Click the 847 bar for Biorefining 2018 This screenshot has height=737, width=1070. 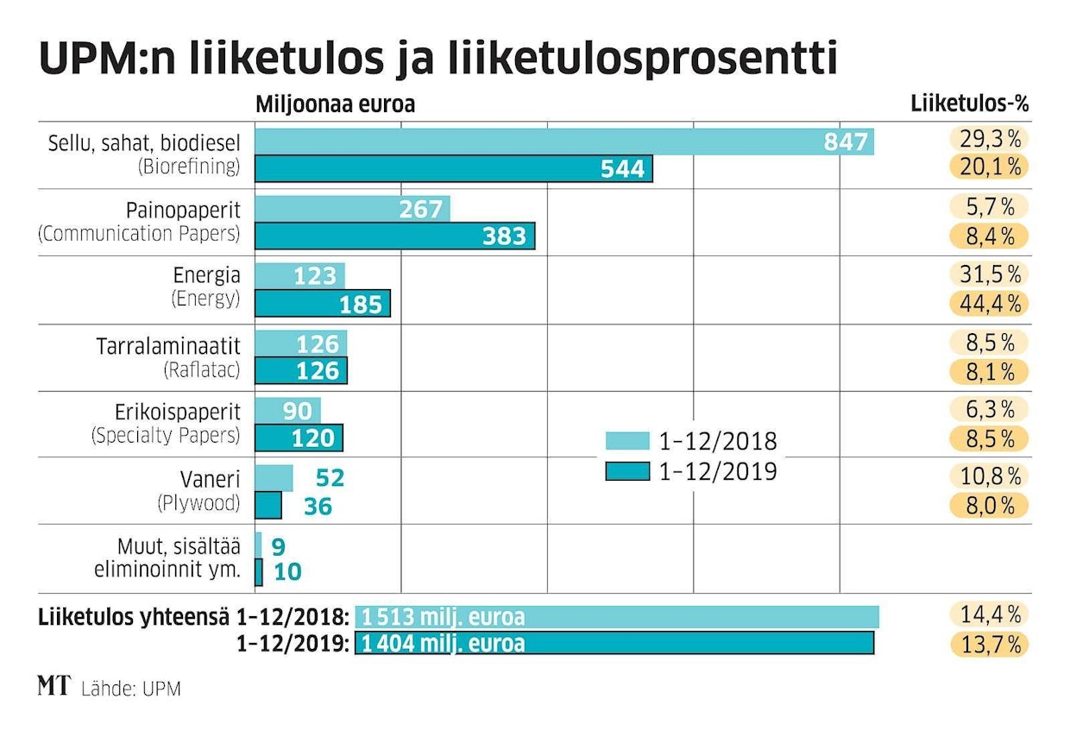click(x=564, y=142)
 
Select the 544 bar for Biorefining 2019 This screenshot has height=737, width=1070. click(x=454, y=168)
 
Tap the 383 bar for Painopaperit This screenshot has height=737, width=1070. click(x=394, y=236)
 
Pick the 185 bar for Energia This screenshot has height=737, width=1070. click(x=323, y=303)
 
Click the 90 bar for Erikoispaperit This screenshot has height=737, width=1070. click(x=287, y=410)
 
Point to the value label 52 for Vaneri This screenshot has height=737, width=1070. click(x=330, y=478)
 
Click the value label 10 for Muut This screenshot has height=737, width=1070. click(x=287, y=571)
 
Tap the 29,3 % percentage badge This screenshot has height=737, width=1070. click(x=990, y=138)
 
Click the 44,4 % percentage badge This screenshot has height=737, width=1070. click(x=990, y=303)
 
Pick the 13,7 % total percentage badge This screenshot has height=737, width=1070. click(x=990, y=644)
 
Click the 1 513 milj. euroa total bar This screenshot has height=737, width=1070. click(x=617, y=617)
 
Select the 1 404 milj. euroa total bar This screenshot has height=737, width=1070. click(x=614, y=644)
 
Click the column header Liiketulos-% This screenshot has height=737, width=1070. click(x=971, y=104)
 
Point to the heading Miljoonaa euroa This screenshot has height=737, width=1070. click(x=336, y=104)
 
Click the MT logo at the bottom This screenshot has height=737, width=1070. click(x=53, y=687)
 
